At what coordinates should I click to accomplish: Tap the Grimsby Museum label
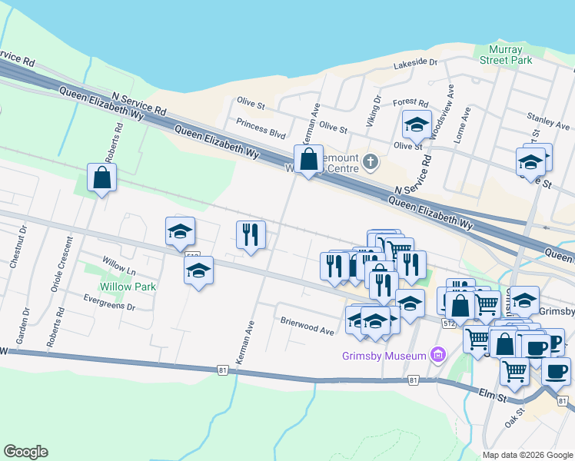click(x=384, y=356)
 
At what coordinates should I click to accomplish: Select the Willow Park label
click(x=133, y=287)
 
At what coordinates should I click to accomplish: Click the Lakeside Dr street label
click(x=415, y=64)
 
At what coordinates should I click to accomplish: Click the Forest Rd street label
click(x=410, y=102)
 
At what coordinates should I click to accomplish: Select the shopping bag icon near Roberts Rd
click(x=102, y=178)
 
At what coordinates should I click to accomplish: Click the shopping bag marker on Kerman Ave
click(x=308, y=160)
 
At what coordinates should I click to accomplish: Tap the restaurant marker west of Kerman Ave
click(x=251, y=234)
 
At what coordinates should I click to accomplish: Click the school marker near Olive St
click(x=417, y=124)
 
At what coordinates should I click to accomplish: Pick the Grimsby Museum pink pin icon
click(x=438, y=355)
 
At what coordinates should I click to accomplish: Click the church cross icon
click(x=371, y=161)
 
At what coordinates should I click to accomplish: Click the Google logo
click(x=25, y=452)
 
